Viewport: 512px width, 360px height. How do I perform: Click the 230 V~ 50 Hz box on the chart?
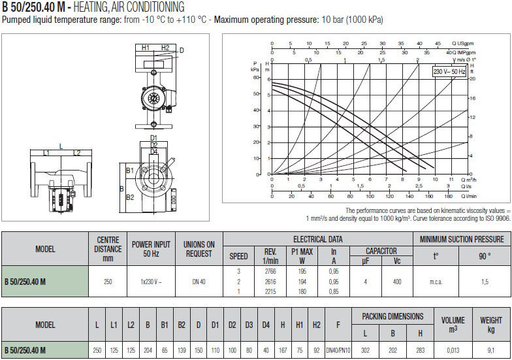[449, 72]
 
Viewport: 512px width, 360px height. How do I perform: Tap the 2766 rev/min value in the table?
[270, 272]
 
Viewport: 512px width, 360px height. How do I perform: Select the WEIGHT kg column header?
[491, 324]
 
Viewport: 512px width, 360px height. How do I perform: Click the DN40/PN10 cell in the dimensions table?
[338, 350]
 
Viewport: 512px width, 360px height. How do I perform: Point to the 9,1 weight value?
[491, 350]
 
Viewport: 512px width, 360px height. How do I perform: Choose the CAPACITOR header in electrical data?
[381, 251]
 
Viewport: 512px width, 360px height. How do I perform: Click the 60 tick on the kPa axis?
[256, 77]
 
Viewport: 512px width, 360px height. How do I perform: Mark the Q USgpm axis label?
[462, 43]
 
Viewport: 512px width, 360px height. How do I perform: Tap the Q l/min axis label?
[469, 196]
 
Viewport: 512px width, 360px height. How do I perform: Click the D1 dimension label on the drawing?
[153, 138]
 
